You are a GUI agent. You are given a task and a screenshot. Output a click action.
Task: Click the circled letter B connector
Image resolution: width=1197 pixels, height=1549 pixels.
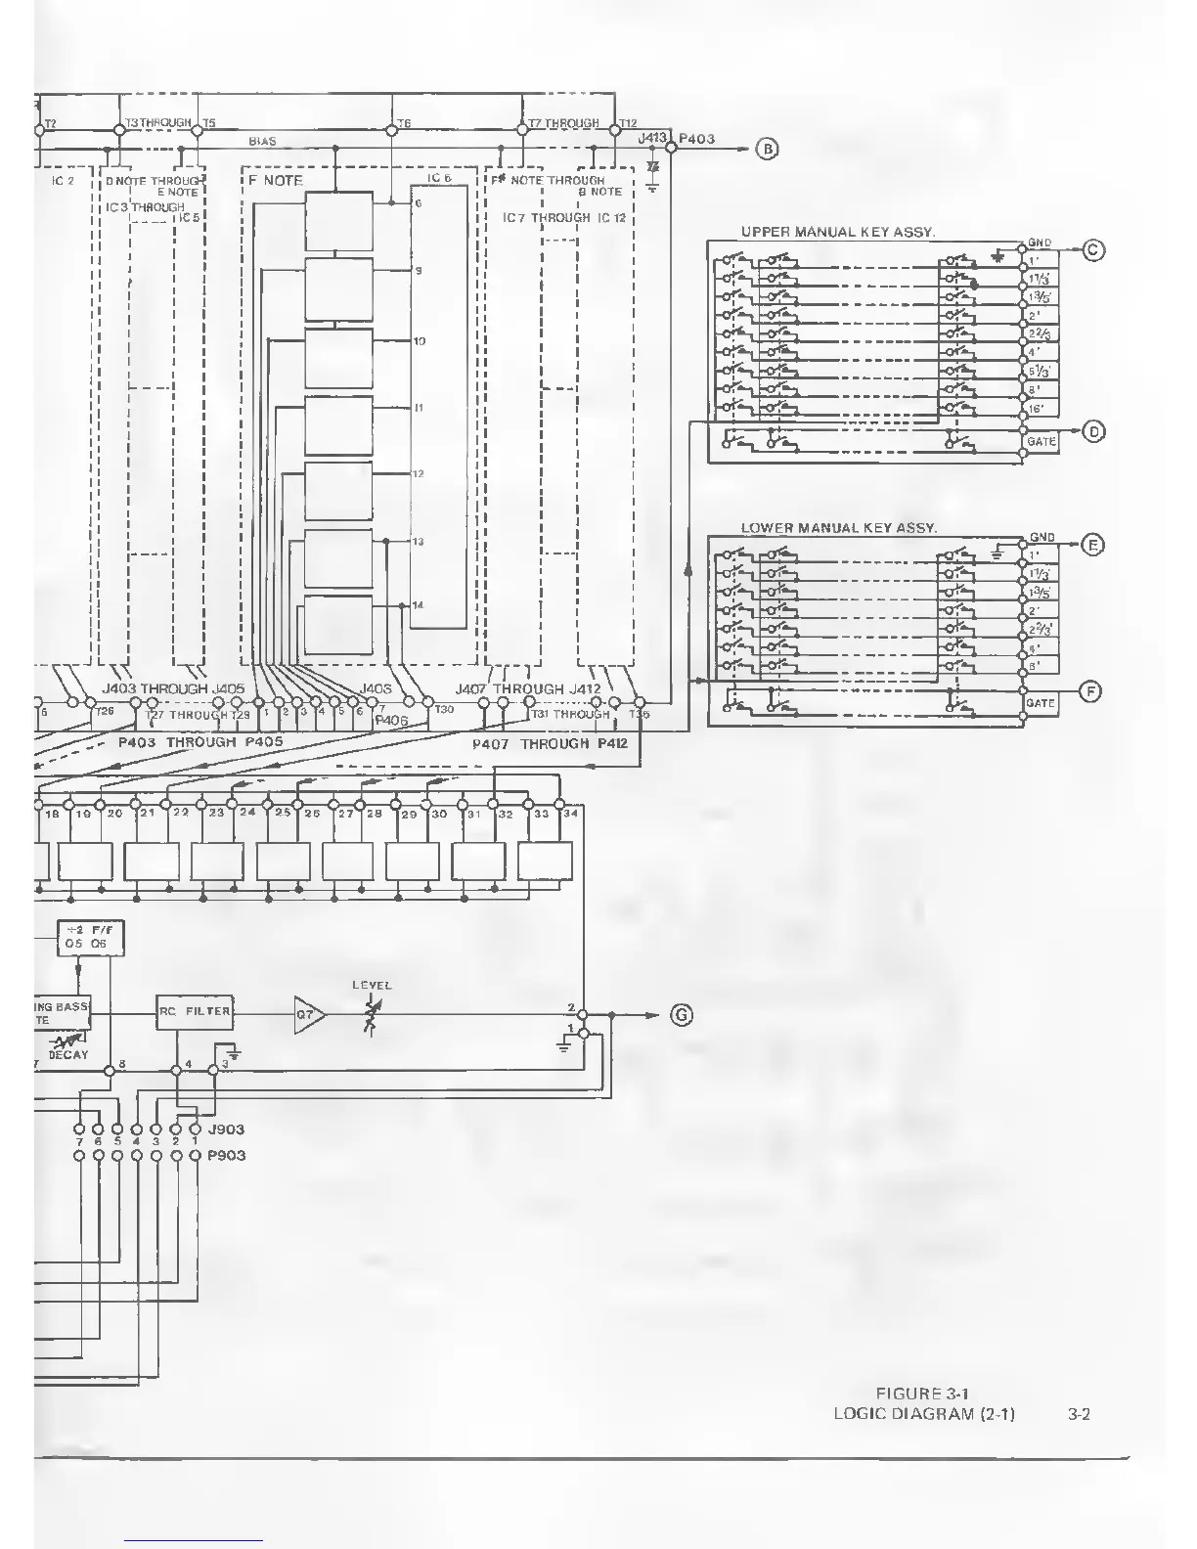point(769,150)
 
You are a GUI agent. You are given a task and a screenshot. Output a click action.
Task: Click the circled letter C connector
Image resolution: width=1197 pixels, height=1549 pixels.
point(1094,250)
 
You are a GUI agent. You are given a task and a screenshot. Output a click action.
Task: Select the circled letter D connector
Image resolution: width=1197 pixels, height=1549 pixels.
point(1094,431)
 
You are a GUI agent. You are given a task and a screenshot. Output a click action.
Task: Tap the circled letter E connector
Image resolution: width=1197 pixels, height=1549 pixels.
point(1094,545)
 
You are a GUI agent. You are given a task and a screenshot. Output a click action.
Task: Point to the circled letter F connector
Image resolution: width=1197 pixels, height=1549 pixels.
point(1090,691)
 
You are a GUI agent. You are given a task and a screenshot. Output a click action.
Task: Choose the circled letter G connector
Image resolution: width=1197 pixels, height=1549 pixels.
point(682,1015)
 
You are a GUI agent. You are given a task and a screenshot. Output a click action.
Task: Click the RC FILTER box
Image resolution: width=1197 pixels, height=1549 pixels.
point(195,1011)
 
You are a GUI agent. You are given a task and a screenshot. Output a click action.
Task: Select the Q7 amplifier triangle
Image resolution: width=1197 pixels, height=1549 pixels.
point(307,1015)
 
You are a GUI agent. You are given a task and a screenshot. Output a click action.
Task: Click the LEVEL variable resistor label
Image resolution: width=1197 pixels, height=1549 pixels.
point(372,986)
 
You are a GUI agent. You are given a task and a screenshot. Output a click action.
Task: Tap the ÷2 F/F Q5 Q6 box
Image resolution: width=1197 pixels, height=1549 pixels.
point(90,938)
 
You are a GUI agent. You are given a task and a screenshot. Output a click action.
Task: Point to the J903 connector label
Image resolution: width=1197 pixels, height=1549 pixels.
point(226,1129)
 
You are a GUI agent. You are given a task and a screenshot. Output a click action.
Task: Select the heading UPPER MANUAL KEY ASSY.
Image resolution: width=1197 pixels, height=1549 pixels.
point(838,232)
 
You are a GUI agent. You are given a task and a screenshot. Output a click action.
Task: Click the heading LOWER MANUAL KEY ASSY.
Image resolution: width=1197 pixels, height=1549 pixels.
point(838,528)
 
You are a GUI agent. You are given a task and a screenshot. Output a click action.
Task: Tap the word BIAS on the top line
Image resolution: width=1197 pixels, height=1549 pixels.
point(262,142)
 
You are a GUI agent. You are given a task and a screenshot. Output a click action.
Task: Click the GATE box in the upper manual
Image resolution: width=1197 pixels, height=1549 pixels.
point(1041,442)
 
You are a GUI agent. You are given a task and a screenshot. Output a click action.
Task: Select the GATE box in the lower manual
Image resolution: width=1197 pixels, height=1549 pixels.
point(1041,703)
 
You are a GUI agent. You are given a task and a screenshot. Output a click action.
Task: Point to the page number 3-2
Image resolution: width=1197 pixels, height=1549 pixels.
point(1079,1413)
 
